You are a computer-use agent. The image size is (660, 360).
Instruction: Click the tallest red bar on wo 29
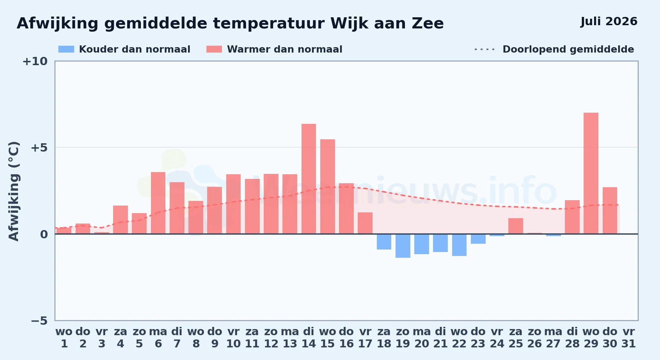[x=591, y=173]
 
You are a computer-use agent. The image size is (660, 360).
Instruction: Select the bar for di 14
[x=309, y=179]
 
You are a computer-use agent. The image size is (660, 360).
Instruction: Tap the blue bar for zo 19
[x=403, y=246]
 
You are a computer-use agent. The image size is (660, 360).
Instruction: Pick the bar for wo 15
[x=327, y=186]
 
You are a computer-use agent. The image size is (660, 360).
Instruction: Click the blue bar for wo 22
[x=459, y=245]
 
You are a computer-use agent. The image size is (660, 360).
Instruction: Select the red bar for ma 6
[x=158, y=203]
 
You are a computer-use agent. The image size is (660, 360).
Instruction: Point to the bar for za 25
[x=516, y=226]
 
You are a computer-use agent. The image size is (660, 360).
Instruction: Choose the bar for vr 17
[x=365, y=223]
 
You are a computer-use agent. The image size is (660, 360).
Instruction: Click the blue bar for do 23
[x=478, y=239]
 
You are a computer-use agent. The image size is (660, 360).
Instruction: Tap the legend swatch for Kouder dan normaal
[x=66, y=49]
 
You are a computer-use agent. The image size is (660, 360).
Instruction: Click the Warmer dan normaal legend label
[x=285, y=49]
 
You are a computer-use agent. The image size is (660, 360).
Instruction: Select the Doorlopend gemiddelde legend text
[x=568, y=49]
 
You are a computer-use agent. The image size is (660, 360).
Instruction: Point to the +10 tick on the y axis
[x=35, y=61]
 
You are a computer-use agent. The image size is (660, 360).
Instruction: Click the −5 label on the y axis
[x=39, y=320]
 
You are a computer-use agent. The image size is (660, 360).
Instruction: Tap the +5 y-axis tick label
[x=39, y=148]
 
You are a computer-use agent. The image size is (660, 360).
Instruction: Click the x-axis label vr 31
[x=629, y=338]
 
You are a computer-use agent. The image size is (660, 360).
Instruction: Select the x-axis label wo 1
[x=64, y=338]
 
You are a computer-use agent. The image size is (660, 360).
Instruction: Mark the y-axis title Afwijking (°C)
[x=14, y=191]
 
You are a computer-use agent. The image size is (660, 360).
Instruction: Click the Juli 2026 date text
[x=609, y=22]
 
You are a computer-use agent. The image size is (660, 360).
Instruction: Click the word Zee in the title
[x=428, y=23]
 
